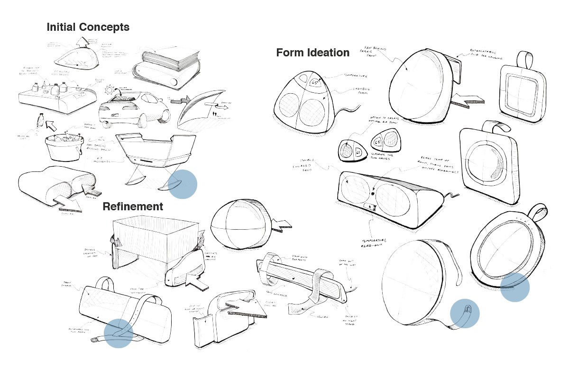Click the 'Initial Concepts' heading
coord(88,27)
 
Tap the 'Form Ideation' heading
coord(312,53)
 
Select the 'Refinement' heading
coord(133,206)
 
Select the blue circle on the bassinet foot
coord(183,183)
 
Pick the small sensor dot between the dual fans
coord(373,194)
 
